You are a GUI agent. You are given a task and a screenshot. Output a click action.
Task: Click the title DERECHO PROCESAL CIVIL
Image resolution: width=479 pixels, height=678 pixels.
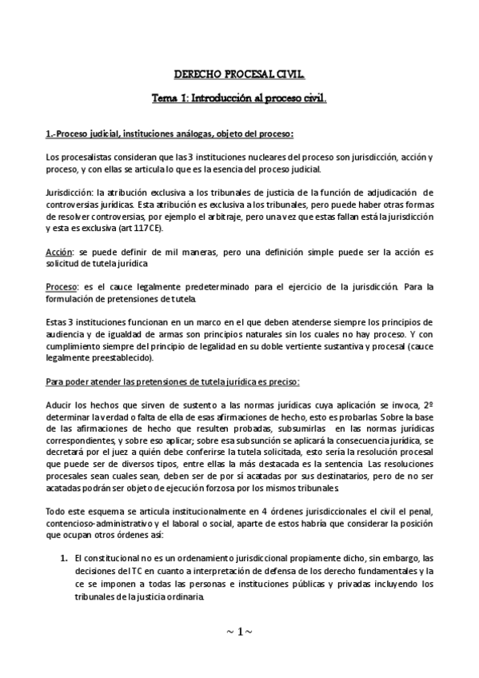pyautogui.click(x=239, y=75)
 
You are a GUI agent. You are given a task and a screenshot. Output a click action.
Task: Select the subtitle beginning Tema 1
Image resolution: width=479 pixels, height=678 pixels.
pyautogui.click(x=239, y=100)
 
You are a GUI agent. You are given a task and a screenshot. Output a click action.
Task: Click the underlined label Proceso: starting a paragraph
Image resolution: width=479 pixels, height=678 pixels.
pyautogui.click(x=62, y=287)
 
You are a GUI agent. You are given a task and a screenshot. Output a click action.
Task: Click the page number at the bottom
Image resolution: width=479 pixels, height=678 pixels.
pyautogui.click(x=240, y=632)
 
